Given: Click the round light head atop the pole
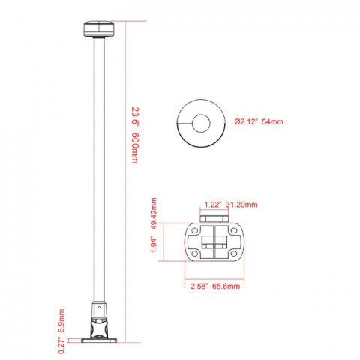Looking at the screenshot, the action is [x=99, y=28].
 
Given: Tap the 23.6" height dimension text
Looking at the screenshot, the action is [x=135, y=118].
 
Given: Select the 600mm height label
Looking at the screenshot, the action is [x=135, y=148].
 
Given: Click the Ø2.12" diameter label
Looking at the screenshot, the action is [x=246, y=121].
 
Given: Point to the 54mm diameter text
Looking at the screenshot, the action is [x=273, y=121].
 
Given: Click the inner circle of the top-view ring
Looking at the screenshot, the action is [x=201, y=124].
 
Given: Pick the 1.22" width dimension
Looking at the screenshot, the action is [x=213, y=205].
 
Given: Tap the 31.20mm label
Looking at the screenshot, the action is [x=241, y=205].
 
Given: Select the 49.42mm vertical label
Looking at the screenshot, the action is [x=154, y=214].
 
